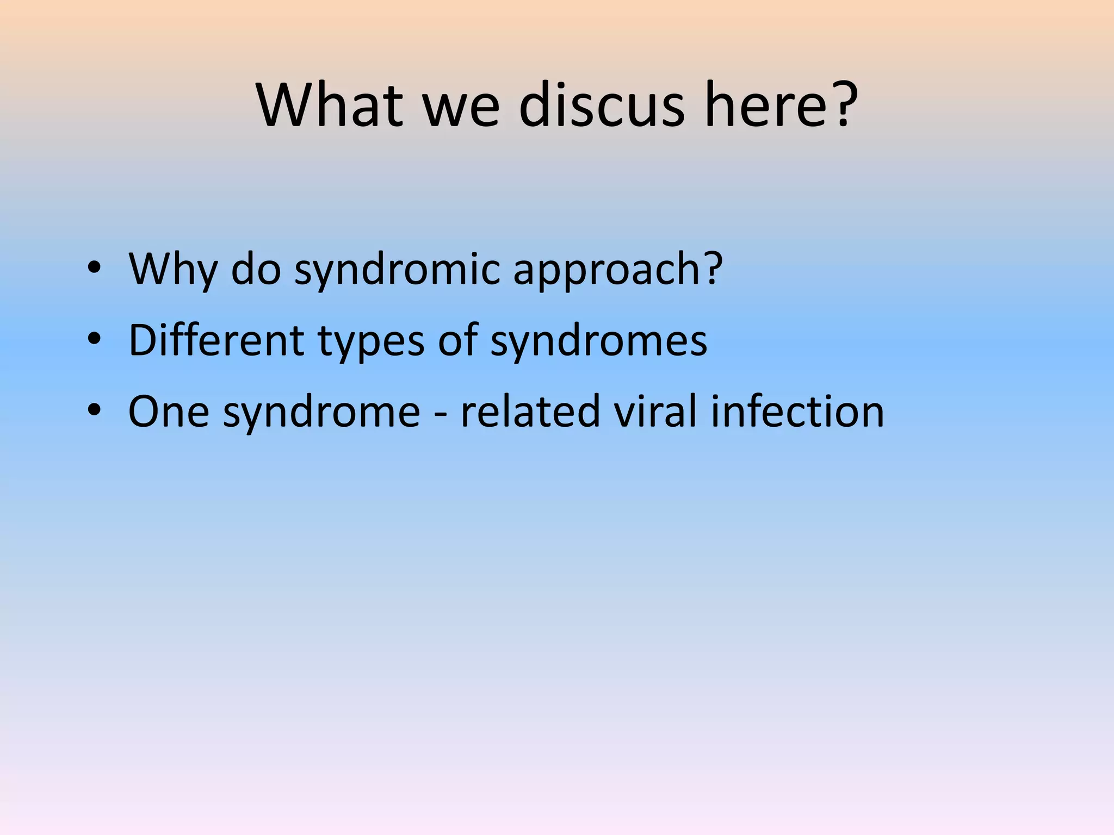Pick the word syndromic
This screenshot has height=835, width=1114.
[x=397, y=270]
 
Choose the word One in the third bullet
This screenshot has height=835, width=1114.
[x=169, y=412]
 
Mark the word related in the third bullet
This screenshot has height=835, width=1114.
[x=530, y=412]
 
